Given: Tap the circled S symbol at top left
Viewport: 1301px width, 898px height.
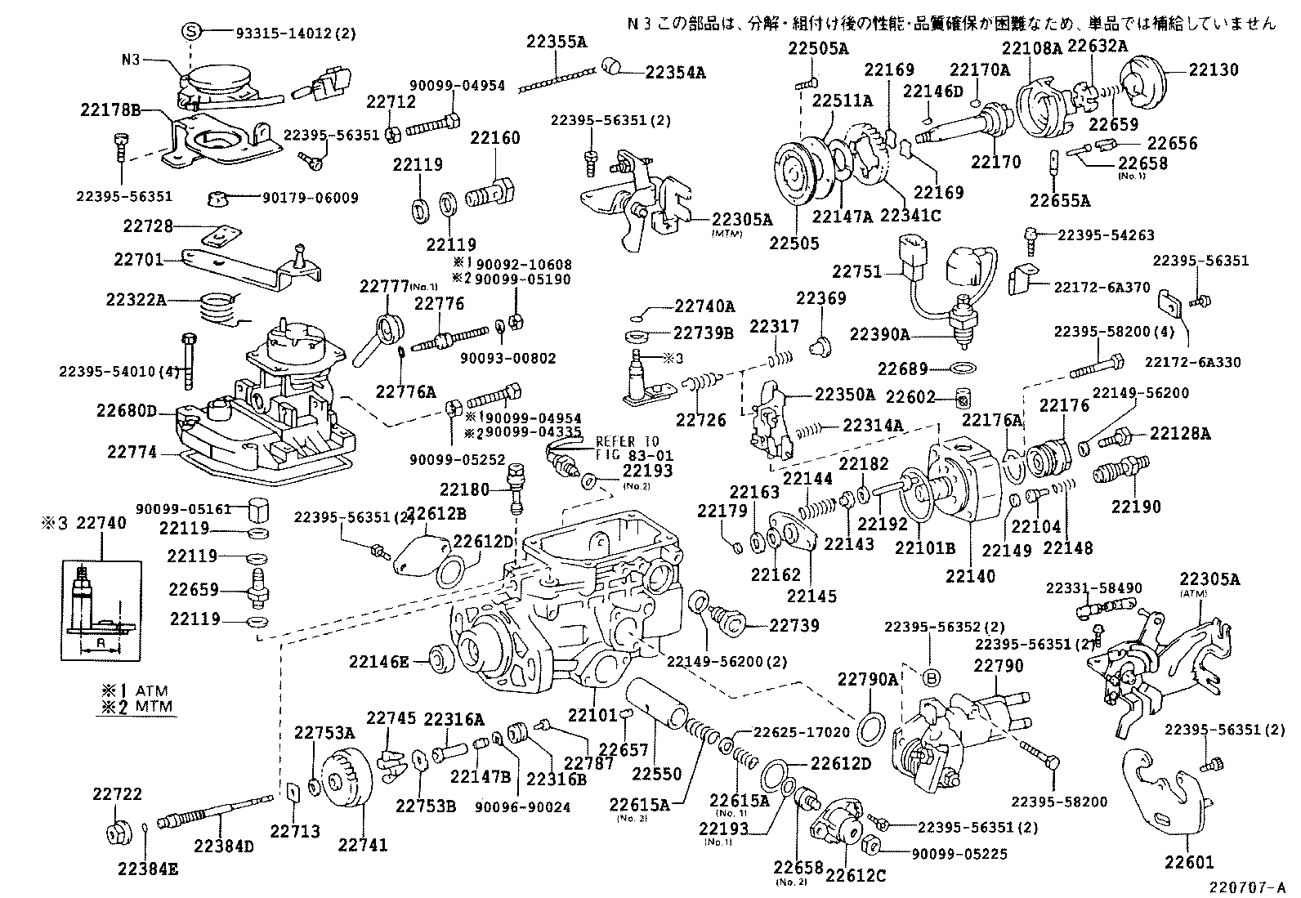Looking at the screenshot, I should pos(190,32).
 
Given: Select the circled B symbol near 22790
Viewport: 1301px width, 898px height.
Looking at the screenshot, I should pos(930,677).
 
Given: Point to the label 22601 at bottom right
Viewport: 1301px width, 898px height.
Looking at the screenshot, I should pos(1190,861).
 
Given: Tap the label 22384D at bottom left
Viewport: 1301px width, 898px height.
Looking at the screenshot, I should pos(224,847).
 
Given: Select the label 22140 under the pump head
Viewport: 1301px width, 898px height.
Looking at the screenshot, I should pos(971,576).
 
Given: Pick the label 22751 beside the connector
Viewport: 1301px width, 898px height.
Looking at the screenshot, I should pos(856,271).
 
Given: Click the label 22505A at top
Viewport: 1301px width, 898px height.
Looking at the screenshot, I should pos(818,48).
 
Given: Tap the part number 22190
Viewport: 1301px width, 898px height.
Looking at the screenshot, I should pos(1135,507).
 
